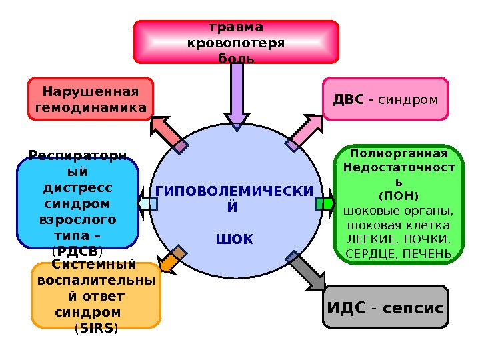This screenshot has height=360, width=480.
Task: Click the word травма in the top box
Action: (236, 27)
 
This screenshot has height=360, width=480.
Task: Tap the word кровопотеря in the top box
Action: (236, 43)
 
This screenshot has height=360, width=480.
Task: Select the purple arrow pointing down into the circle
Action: (236, 93)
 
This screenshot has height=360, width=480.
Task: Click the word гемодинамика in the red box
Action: (91, 107)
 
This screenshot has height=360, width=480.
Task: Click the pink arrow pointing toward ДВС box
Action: (305, 131)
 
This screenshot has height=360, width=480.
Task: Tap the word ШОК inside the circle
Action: (235, 238)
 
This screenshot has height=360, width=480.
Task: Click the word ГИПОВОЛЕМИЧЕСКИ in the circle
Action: (233, 192)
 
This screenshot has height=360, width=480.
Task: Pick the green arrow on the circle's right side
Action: (325, 203)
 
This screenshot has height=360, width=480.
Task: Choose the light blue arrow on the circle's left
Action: (147, 203)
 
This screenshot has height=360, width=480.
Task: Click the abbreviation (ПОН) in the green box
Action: (398, 197)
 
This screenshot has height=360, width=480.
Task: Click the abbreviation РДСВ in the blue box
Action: (77, 251)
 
